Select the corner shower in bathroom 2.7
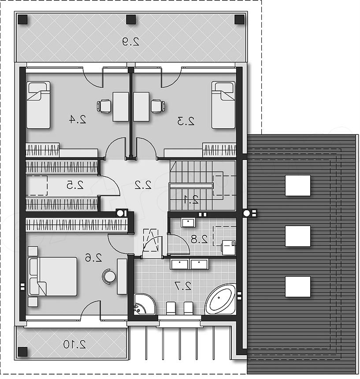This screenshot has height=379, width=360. pos(144,304)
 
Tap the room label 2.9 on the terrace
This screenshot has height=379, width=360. pos(131,41)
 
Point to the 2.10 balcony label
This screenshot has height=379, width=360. pos(74,344)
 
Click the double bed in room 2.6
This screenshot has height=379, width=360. pos(52,276)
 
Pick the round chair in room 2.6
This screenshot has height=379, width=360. pos(109,276)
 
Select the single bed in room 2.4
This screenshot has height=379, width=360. pos(38,105)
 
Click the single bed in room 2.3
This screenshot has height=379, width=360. pos(223,105)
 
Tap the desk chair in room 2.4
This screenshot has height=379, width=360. pos(104,106)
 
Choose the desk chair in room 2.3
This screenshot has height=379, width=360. pos(158,106)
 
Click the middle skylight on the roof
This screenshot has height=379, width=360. pos(298,236)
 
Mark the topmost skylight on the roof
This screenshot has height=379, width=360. pos(298,186)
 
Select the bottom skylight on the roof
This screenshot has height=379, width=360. pos(298,286)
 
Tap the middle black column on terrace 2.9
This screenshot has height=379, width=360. pos(131,19)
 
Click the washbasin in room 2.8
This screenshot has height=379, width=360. pos(188,223)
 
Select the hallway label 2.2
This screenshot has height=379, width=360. pos(143,185)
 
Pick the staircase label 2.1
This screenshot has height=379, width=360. pos(191,200)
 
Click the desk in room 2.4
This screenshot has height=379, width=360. pos(121,107)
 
